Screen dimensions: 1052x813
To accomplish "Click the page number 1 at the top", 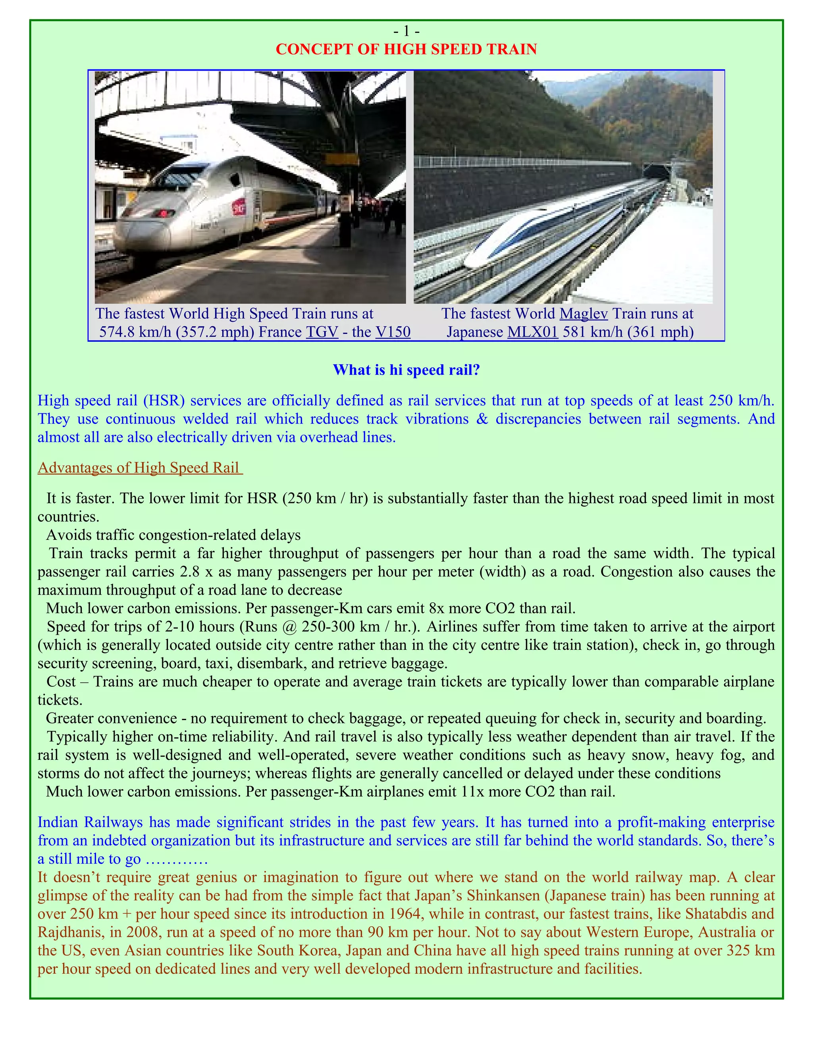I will (x=406, y=31).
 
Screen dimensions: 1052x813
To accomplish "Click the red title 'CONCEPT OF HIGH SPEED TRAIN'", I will (x=406, y=49).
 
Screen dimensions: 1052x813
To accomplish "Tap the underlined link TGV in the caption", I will (x=322, y=332).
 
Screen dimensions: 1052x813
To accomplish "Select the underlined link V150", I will (x=393, y=332).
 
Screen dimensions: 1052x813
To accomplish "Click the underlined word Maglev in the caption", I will (x=583, y=314).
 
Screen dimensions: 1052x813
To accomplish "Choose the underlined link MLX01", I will (x=532, y=332).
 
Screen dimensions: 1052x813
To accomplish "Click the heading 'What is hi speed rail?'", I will (x=406, y=370).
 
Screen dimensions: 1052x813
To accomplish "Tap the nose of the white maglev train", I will (x=474, y=260).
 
